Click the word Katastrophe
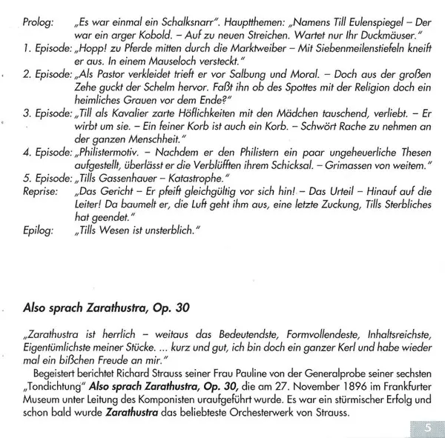195,177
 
